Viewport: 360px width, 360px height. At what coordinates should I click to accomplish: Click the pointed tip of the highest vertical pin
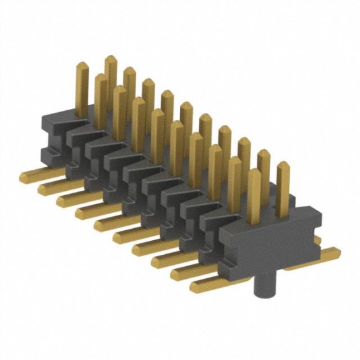tap(111, 58)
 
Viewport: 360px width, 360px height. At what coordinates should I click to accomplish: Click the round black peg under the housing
tap(262, 285)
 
